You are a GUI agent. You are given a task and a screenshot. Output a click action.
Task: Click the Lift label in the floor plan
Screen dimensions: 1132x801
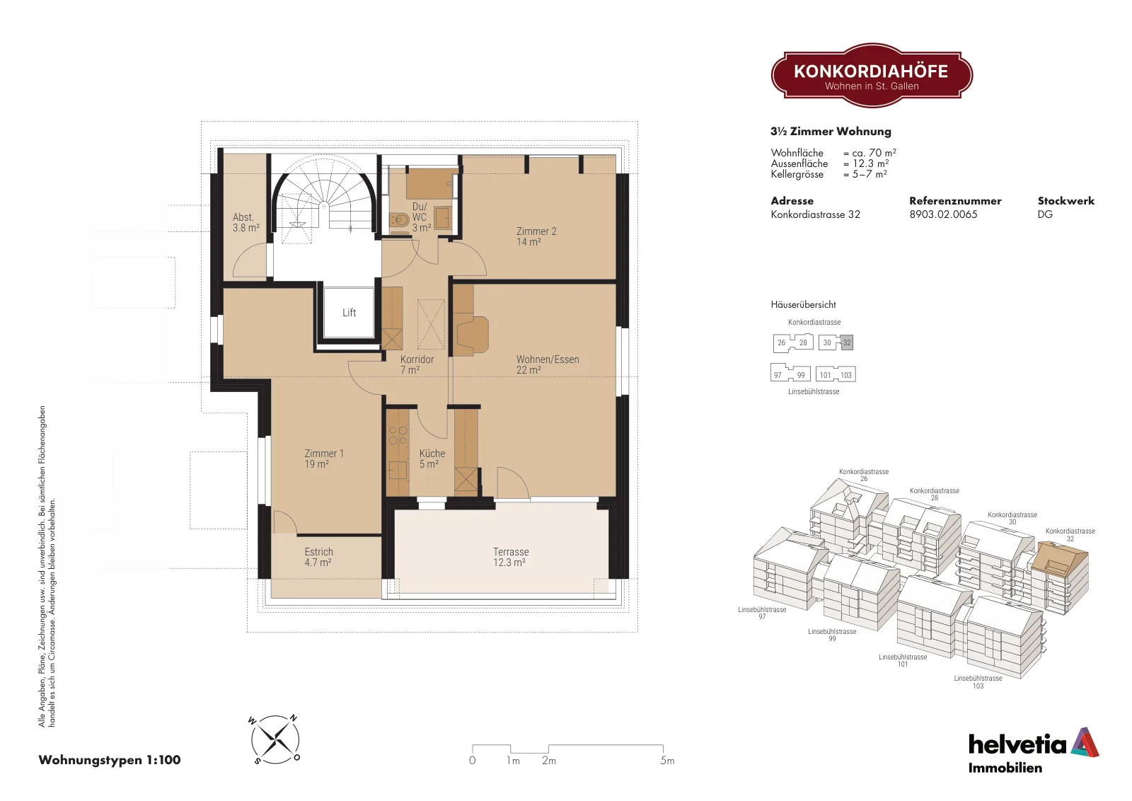pyautogui.click(x=350, y=313)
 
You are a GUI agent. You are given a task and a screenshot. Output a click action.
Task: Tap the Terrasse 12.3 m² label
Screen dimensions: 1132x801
pyautogui.click(x=510, y=557)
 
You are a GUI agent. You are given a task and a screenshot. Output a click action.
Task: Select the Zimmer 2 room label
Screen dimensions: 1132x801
pyautogui.click(x=536, y=236)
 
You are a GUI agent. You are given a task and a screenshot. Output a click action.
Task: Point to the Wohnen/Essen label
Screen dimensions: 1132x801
pyautogui.click(x=548, y=364)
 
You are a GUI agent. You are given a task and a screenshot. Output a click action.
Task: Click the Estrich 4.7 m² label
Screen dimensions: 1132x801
pyautogui.click(x=318, y=557)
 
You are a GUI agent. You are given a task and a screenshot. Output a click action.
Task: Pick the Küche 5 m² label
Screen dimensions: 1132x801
pyautogui.click(x=432, y=459)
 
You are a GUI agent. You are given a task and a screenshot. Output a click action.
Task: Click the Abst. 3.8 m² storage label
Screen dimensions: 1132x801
pyautogui.click(x=246, y=222)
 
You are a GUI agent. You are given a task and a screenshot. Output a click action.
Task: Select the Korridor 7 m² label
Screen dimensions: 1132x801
pyautogui.click(x=417, y=364)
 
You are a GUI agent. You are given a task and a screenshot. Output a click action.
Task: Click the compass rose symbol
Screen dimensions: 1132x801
pyautogui.click(x=275, y=740)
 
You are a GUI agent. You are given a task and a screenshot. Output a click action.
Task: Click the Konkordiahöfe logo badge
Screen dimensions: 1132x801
pyautogui.click(x=872, y=76)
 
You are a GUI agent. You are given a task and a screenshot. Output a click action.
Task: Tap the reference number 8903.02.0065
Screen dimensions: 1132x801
pyautogui.click(x=943, y=214)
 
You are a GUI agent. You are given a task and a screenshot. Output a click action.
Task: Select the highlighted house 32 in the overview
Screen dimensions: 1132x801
pyautogui.click(x=847, y=342)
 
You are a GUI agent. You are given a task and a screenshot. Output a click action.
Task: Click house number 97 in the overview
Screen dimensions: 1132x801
pyautogui.click(x=778, y=375)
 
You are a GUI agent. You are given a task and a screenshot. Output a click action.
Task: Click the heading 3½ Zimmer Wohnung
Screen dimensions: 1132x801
pyautogui.click(x=831, y=132)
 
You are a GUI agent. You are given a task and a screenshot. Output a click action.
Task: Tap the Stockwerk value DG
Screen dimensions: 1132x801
pyautogui.click(x=1045, y=214)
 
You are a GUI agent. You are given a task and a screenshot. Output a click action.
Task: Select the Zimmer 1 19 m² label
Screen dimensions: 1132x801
pyautogui.click(x=323, y=459)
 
